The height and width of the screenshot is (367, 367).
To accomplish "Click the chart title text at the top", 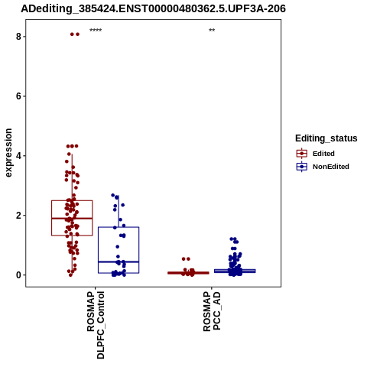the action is click(x=153, y=8).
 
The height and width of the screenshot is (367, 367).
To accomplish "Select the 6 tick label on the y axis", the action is click(x=18, y=96).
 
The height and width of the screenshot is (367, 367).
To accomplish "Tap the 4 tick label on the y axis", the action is click(x=18, y=156).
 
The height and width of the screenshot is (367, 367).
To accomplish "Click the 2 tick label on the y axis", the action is click(x=18, y=216).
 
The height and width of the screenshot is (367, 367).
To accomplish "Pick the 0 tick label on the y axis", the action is click(x=18, y=275).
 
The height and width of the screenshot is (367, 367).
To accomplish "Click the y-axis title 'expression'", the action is click(x=8, y=153).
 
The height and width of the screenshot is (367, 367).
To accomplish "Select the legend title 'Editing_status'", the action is click(x=326, y=138).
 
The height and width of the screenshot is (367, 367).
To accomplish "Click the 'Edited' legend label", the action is click(x=323, y=154).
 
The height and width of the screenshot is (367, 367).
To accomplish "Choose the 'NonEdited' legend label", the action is click(x=331, y=167).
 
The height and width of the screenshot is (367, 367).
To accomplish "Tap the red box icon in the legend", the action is click(x=302, y=154).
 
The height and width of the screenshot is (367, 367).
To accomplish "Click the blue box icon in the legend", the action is click(x=302, y=167).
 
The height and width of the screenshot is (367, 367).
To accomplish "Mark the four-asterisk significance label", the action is click(x=96, y=31).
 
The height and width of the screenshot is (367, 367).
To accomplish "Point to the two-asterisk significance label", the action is click(x=212, y=31).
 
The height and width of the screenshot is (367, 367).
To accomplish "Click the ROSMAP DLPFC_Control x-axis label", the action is click(x=96, y=325).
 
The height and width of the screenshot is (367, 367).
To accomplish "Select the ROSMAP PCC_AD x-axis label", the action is click(x=212, y=311).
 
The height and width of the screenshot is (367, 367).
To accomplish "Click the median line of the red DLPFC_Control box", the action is click(x=72, y=219).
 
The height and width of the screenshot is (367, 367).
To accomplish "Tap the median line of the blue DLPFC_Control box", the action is click(x=119, y=261).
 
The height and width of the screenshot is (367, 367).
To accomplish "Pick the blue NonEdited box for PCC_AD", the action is click(x=235, y=271).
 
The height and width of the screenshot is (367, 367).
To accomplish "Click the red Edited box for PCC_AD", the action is click(x=188, y=273).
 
